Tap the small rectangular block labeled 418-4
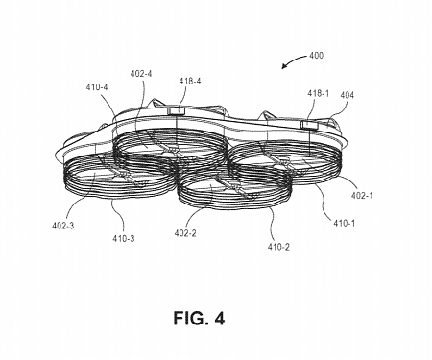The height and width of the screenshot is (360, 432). pos(176,111)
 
